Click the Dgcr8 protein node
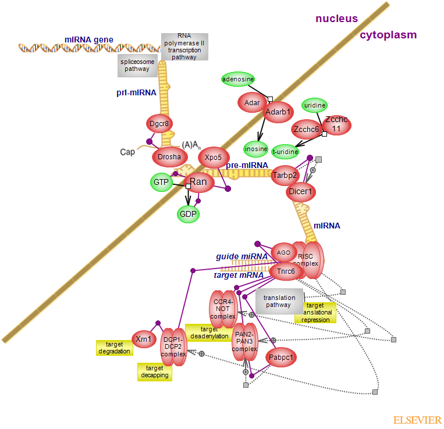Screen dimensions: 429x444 coord(159,123)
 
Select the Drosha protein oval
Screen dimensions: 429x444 coord(169,156)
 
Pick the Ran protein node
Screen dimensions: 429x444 coord(198,183)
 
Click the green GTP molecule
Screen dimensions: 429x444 coord(161,183)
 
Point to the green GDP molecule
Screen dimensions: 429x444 coord(188,213)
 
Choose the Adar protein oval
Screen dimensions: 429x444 coord(252,103)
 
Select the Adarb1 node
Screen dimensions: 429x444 coord(278,112)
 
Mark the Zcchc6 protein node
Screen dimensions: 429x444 coord(306,129)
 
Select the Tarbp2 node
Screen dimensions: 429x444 coord(285,175)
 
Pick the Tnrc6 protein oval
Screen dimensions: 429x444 coord(285,271)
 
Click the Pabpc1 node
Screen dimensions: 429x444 coord(281,357)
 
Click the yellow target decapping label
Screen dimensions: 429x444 coord(155,371)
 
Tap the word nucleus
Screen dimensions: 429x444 coord(337,19)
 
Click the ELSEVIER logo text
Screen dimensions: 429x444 coord(417,420)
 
